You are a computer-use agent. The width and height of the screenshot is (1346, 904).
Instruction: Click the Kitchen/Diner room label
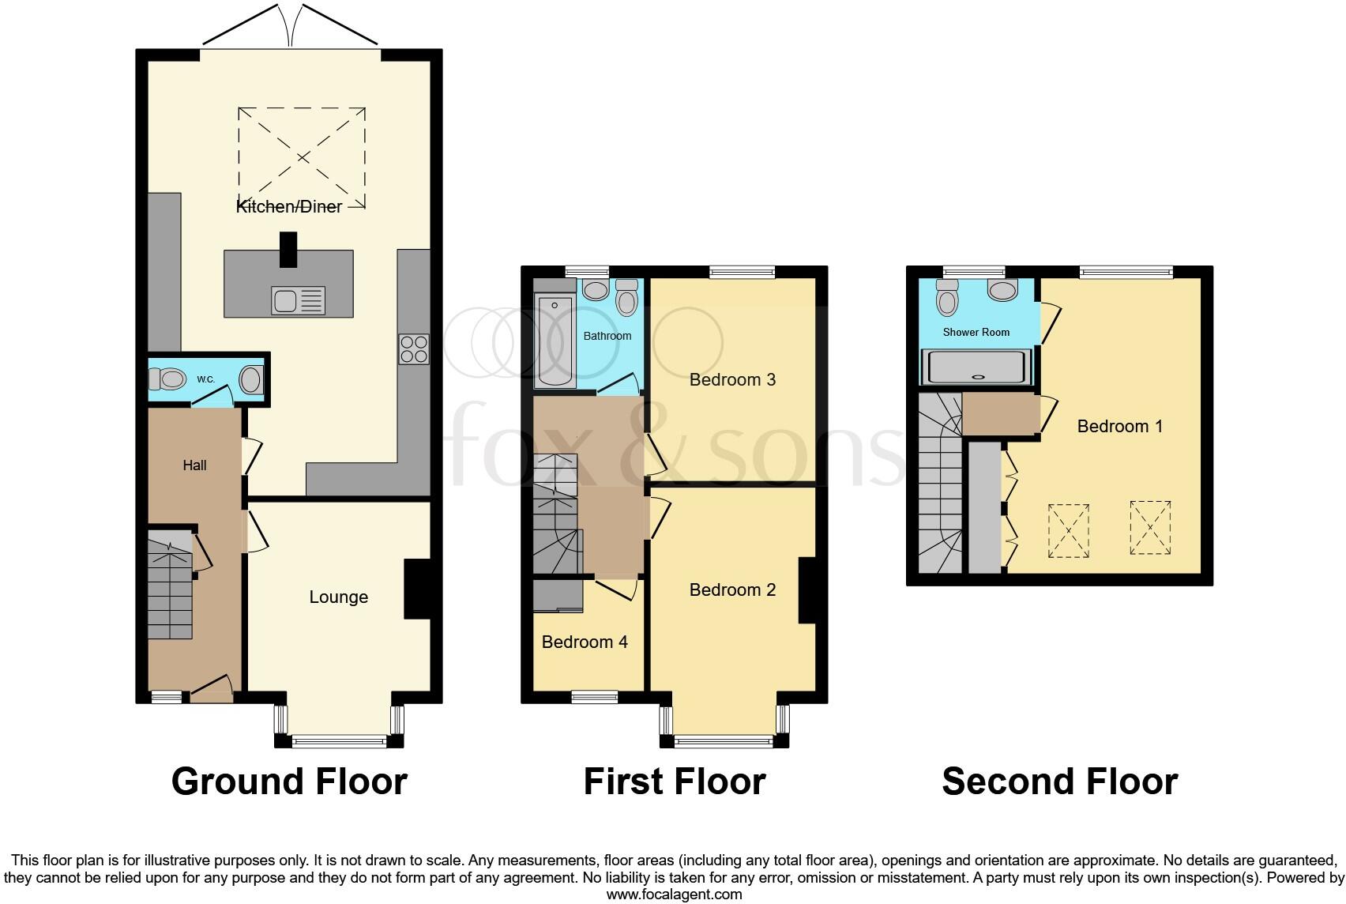(x=289, y=206)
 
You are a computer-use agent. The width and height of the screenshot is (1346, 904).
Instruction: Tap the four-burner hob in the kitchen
(x=414, y=349)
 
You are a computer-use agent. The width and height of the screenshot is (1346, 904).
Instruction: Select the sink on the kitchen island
(x=297, y=300)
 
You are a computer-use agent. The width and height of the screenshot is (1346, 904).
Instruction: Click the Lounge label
(x=338, y=597)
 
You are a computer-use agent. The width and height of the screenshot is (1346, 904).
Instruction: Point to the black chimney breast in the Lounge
(x=416, y=589)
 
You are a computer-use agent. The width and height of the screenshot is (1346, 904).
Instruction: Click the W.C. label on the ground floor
(x=205, y=379)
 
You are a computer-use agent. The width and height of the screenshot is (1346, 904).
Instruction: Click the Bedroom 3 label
(x=732, y=379)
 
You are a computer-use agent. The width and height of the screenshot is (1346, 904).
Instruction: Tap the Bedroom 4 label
(x=585, y=642)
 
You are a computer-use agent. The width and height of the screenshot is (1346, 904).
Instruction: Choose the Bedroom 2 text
(x=732, y=589)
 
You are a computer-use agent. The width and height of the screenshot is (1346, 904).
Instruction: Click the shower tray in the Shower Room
(x=978, y=367)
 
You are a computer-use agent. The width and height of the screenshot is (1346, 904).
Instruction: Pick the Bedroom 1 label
(x=1119, y=427)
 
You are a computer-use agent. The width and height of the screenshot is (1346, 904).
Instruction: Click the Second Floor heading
(x=1059, y=781)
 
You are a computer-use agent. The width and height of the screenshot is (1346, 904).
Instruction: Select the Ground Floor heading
(x=289, y=781)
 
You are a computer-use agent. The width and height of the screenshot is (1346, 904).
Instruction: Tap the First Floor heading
(x=674, y=781)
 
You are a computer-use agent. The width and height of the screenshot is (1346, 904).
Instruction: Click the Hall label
(x=194, y=465)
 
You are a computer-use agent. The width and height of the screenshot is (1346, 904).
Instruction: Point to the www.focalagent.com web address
(x=674, y=895)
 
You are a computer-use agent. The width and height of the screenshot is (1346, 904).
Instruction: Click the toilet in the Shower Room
(x=947, y=299)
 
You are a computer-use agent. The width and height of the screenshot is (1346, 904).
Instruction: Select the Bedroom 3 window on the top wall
(x=742, y=273)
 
